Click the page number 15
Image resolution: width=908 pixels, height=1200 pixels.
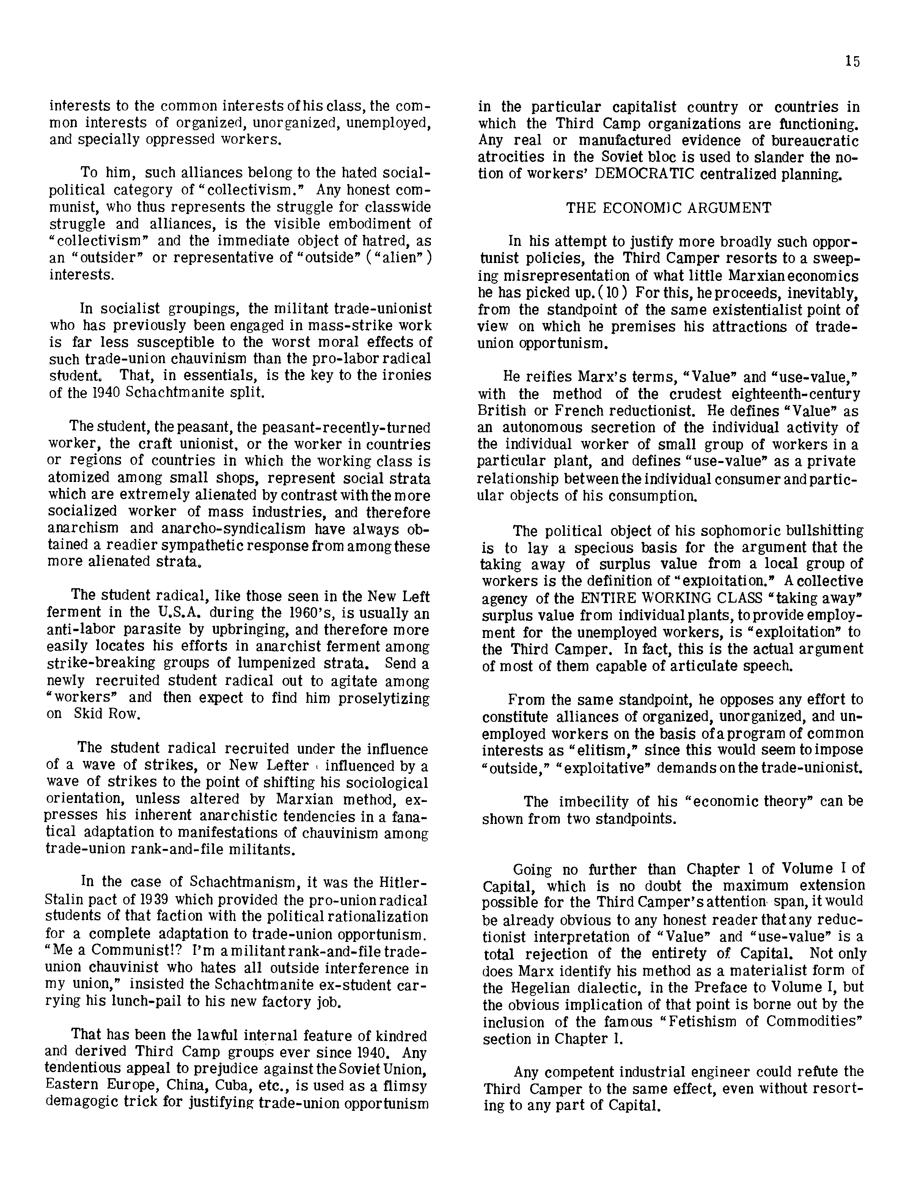click(851, 61)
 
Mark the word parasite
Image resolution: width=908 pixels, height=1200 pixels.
click(138, 630)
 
